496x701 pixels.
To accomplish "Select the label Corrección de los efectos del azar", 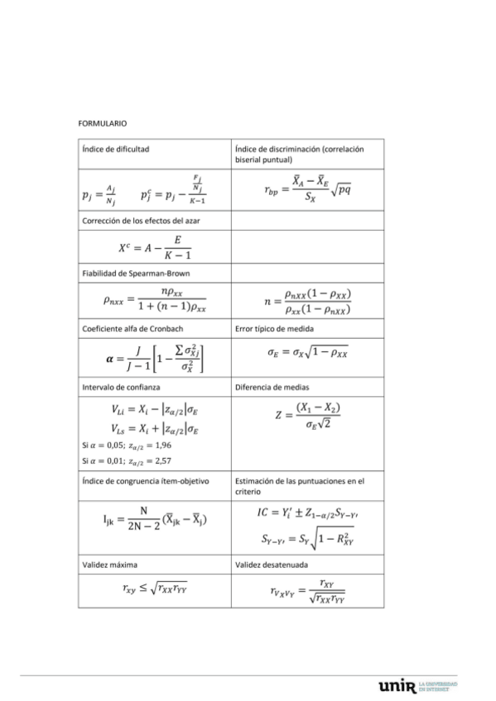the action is click(140, 221).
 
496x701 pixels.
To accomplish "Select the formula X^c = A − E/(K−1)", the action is click(155, 246).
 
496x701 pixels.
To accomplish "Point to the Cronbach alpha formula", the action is click(155, 358).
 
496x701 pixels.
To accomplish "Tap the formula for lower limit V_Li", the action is click(155, 409).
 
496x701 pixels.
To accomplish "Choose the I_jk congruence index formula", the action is click(155, 520).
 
